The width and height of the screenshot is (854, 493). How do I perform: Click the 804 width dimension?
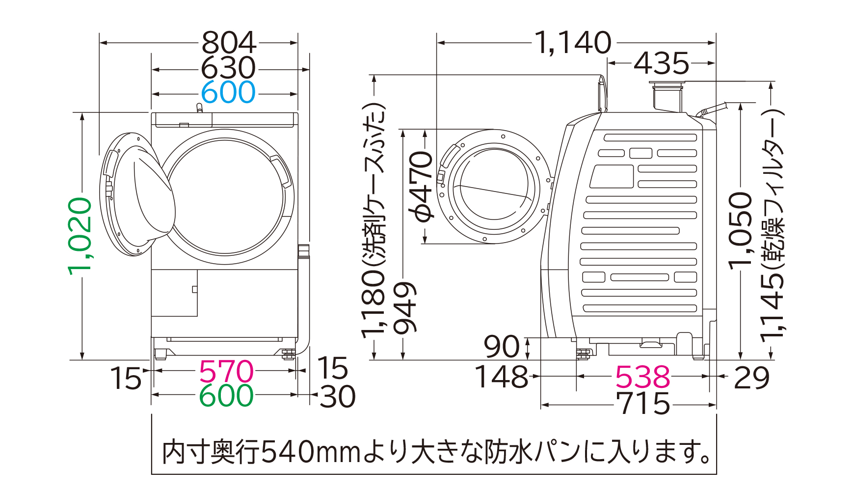coord(229,43)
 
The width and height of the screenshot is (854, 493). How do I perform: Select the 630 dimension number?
coord(229,68)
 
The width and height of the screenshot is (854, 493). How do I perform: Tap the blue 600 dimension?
coord(229,92)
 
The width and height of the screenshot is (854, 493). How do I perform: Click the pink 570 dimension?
coord(226,372)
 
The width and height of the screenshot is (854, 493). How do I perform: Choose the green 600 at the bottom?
coord(226,396)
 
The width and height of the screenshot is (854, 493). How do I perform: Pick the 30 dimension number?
coord(338,396)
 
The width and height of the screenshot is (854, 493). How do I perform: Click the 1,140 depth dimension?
coord(573,43)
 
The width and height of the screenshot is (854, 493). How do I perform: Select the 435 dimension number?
coord(662,64)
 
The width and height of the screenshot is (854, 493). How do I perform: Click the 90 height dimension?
coord(501,347)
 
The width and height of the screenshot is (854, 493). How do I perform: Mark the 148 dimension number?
coord(501,377)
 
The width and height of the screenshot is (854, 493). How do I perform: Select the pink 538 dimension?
coord(642,377)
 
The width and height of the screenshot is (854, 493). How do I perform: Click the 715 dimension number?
coord(643,404)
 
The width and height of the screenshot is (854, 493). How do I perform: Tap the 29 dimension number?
coord(751,378)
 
